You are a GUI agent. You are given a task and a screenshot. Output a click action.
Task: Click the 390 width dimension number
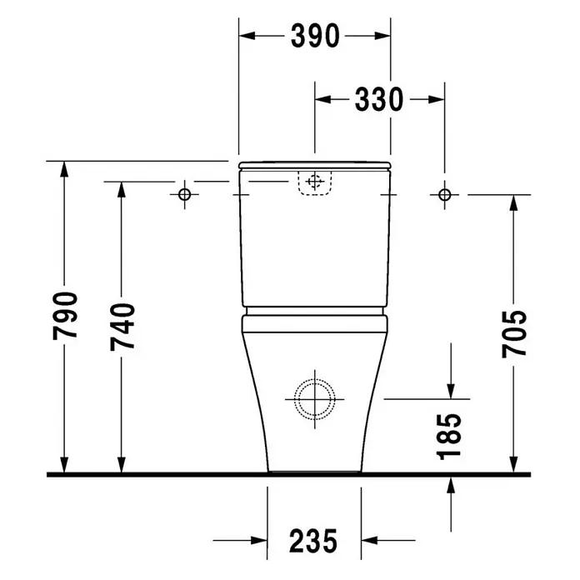[x=315, y=36]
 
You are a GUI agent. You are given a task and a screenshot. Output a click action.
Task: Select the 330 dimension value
[x=379, y=99]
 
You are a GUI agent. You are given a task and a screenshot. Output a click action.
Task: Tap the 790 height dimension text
[x=65, y=316]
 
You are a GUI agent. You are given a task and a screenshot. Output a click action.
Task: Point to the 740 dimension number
[x=122, y=327]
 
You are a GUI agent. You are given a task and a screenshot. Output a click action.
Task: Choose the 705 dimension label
[x=514, y=333]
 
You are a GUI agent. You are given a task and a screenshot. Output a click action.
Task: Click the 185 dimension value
[x=449, y=437]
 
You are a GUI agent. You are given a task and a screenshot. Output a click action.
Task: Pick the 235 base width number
[x=313, y=541]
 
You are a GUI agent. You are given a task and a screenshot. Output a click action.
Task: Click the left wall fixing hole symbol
[x=184, y=194]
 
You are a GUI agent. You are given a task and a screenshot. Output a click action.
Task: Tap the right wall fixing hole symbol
[x=445, y=194]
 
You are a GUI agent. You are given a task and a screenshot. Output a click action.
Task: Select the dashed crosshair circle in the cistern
[x=315, y=182]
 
